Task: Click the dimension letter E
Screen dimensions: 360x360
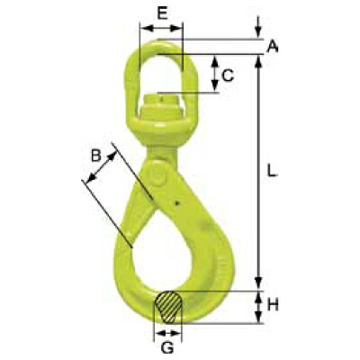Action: [x=162, y=13]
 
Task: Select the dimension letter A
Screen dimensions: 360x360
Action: [x=273, y=47]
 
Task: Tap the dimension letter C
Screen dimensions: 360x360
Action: [x=228, y=76]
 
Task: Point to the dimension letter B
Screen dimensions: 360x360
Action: [x=96, y=156]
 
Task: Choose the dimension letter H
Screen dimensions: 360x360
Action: [x=273, y=305]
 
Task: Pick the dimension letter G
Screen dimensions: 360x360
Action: [x=167, y=348]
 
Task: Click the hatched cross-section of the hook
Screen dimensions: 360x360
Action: [x=168, y=307]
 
